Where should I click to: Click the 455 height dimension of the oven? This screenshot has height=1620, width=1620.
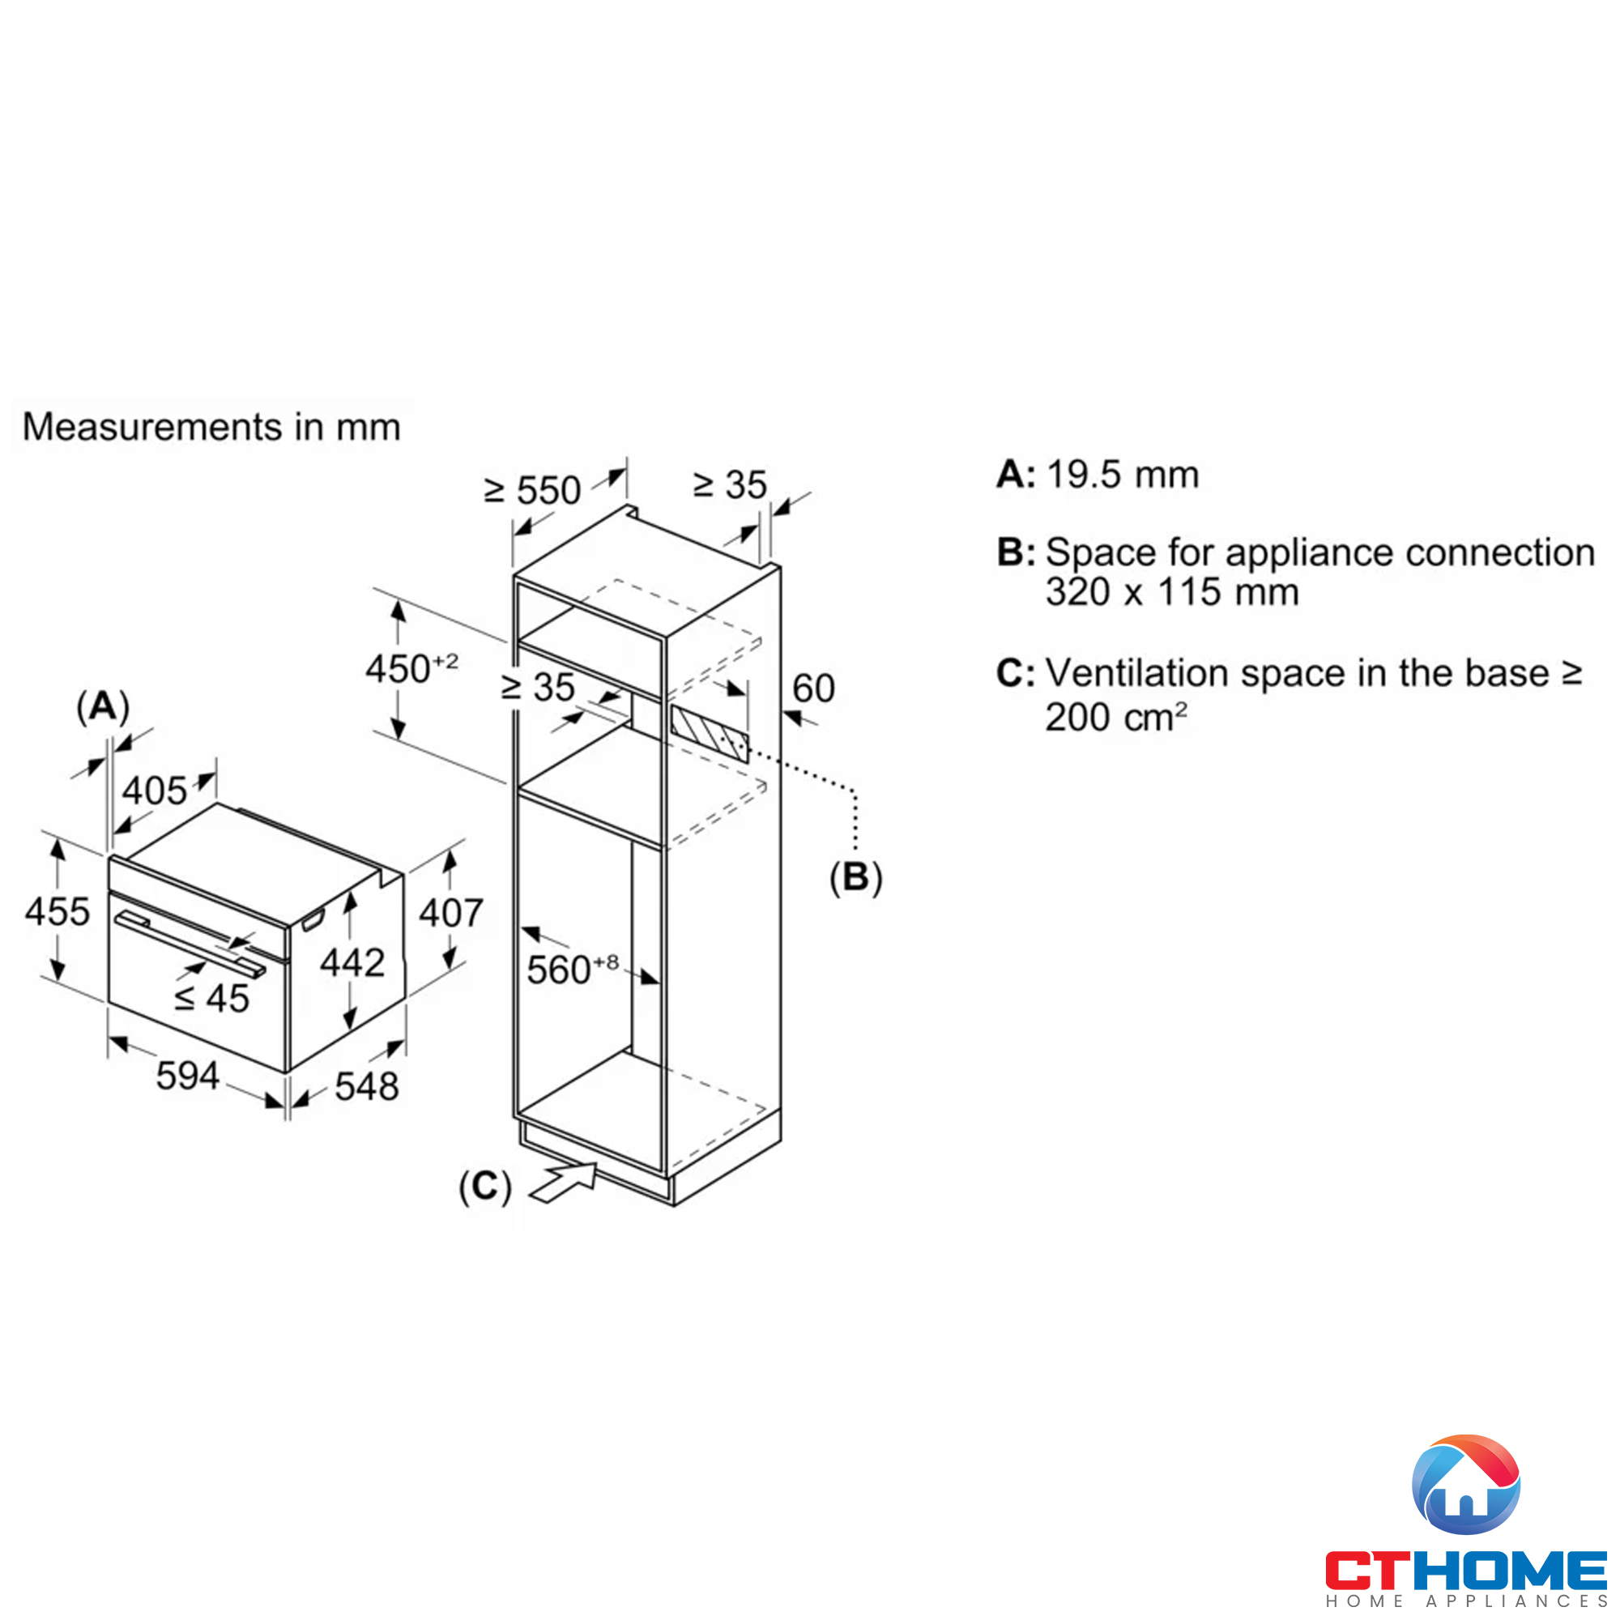point(57,911)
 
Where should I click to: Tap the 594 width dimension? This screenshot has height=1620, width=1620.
point(188,1076)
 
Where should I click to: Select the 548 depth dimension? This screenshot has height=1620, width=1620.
point(366,1087)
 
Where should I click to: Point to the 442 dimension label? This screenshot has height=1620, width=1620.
point(352,961)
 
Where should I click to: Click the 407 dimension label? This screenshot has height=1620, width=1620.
point(451,912)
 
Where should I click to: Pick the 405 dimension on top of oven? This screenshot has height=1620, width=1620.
point(154,791)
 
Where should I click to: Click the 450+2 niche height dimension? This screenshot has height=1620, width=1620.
point(411,669)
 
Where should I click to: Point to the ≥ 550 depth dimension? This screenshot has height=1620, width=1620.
point(532,491)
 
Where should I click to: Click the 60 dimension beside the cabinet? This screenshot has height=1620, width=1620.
point(813,688)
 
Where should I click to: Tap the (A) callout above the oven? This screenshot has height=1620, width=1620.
point(103,707)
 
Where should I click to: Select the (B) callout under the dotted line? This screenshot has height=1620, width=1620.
point(855,877)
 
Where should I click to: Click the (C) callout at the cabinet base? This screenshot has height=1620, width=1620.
point(484,1187)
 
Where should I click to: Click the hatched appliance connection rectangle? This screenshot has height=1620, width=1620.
point(709,733)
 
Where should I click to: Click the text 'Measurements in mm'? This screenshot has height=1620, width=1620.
point(211,427)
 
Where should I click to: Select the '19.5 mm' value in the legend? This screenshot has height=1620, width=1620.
point(1123,475)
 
